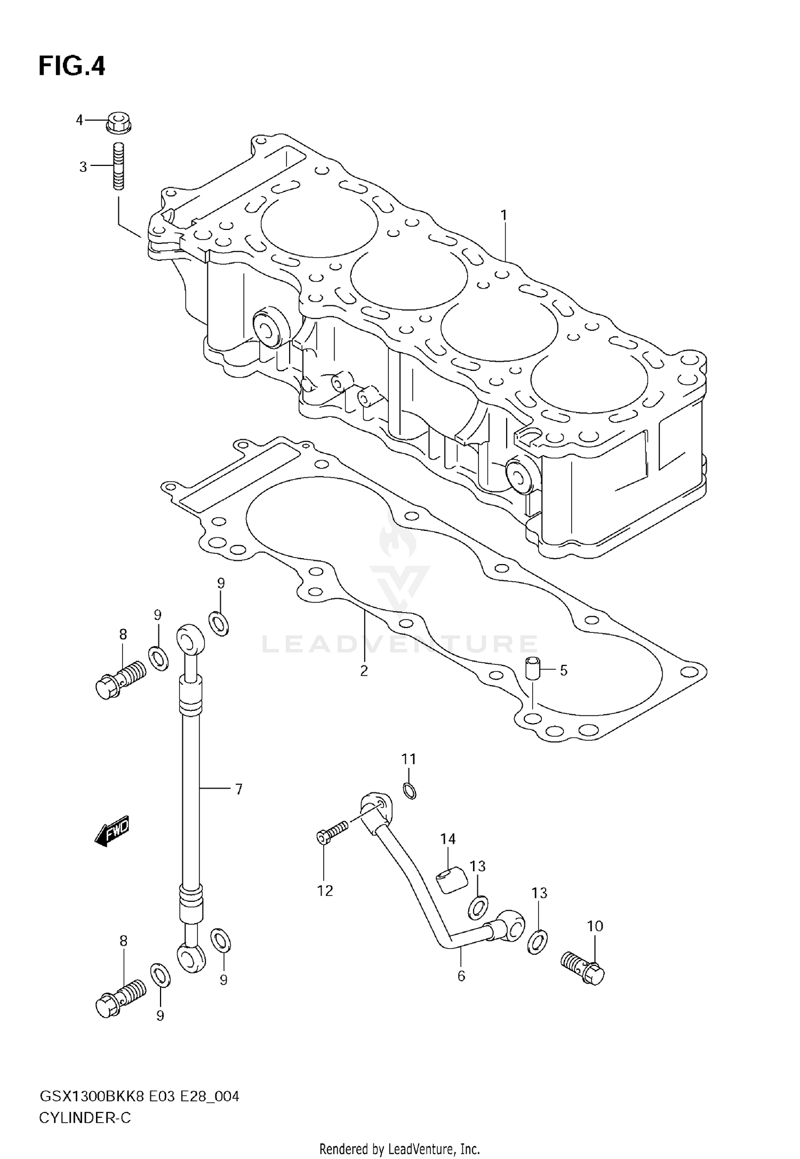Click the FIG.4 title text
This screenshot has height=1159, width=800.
tap(71, 67)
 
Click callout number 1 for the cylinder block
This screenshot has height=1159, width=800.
tap(503, 216)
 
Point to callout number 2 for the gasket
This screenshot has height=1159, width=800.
tap(364, 671)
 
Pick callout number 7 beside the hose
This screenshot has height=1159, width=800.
tap(238, 789)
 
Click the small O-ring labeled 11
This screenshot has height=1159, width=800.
tap(409, 790)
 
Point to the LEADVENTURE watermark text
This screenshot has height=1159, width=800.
tap(399, 644)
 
